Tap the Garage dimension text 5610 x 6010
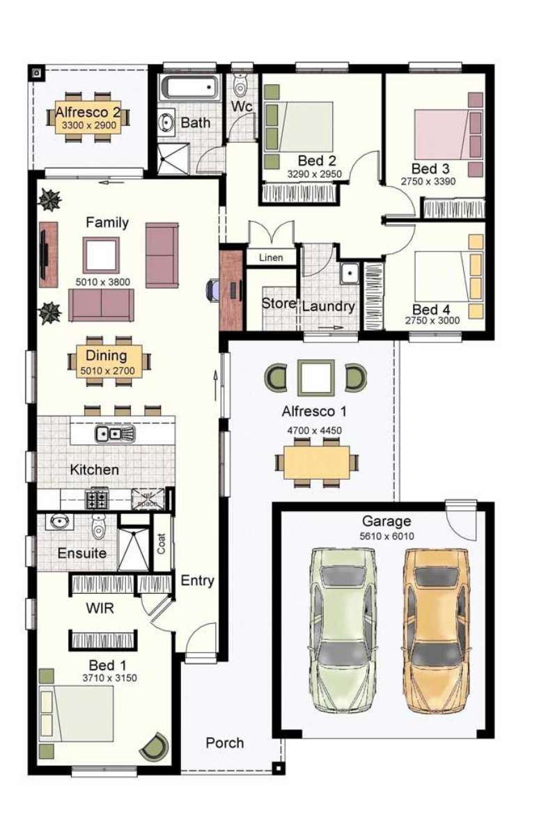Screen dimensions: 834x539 [x=386, y=536]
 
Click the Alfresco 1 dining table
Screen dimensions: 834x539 [x=317, y=462]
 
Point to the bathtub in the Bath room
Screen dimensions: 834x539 [x=189, y=88]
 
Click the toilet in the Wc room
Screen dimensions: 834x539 [x=241, y=86]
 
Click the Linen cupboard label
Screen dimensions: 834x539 [x=271, y=258]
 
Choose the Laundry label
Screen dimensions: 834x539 [x=329, y=306]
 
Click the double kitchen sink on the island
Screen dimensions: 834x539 [x=116, y=434]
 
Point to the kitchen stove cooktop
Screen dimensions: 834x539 [x=95, y=498]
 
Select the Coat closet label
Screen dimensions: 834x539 [x=161, y=544]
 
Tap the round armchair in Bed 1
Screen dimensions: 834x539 [x=154, y=748]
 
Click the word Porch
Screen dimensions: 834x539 [x=224, y=743]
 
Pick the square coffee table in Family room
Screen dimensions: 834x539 [x=102, y=255]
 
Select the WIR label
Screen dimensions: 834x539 [x=100, y=608]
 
